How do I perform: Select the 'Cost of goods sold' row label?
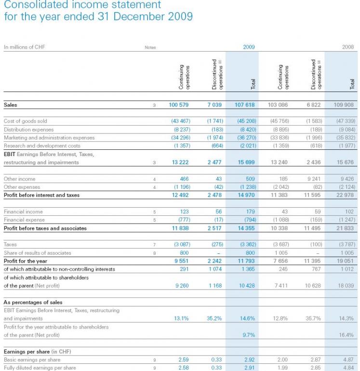(x=26, y=121)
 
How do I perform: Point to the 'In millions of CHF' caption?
(x=25, y=47)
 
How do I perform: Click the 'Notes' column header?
(x=150, y=47)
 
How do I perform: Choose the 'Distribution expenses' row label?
(x=28, y=129)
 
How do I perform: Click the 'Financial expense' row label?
(x=24, y=220)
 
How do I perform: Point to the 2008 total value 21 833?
(x=345, y=228)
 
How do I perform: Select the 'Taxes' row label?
(x=11, y=244)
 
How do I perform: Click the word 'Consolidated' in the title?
(x=39, y=5)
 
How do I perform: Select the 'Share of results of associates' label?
(x=37, y=252)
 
